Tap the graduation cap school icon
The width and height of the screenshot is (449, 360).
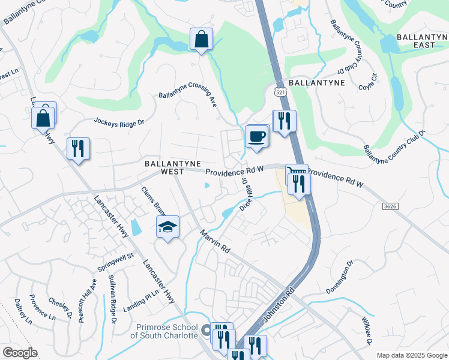168,227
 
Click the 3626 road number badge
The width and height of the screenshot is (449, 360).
390,206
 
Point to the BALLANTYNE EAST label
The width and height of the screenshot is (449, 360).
414,41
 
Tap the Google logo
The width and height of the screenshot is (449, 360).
20,353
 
